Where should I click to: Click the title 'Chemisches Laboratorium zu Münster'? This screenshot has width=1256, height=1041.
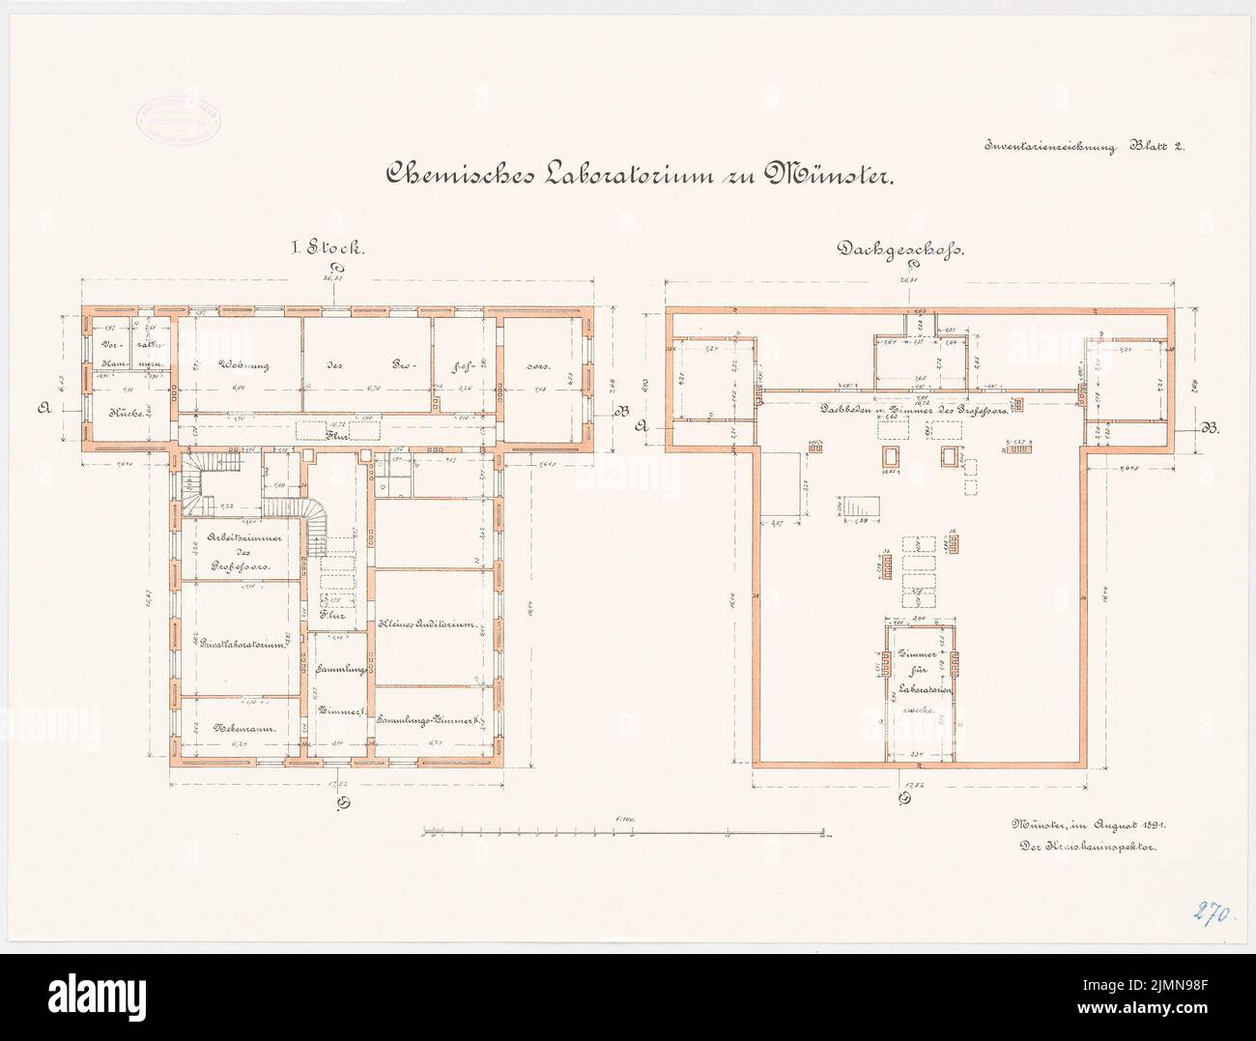pos(642,174)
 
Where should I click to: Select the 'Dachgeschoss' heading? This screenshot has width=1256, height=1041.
pos(902,247)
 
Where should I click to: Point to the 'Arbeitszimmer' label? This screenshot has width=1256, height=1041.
pos(238,538)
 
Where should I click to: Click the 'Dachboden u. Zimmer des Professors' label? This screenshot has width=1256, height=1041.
pos(913,410)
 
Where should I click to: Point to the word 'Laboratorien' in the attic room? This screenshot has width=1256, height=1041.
pos(921,688)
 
